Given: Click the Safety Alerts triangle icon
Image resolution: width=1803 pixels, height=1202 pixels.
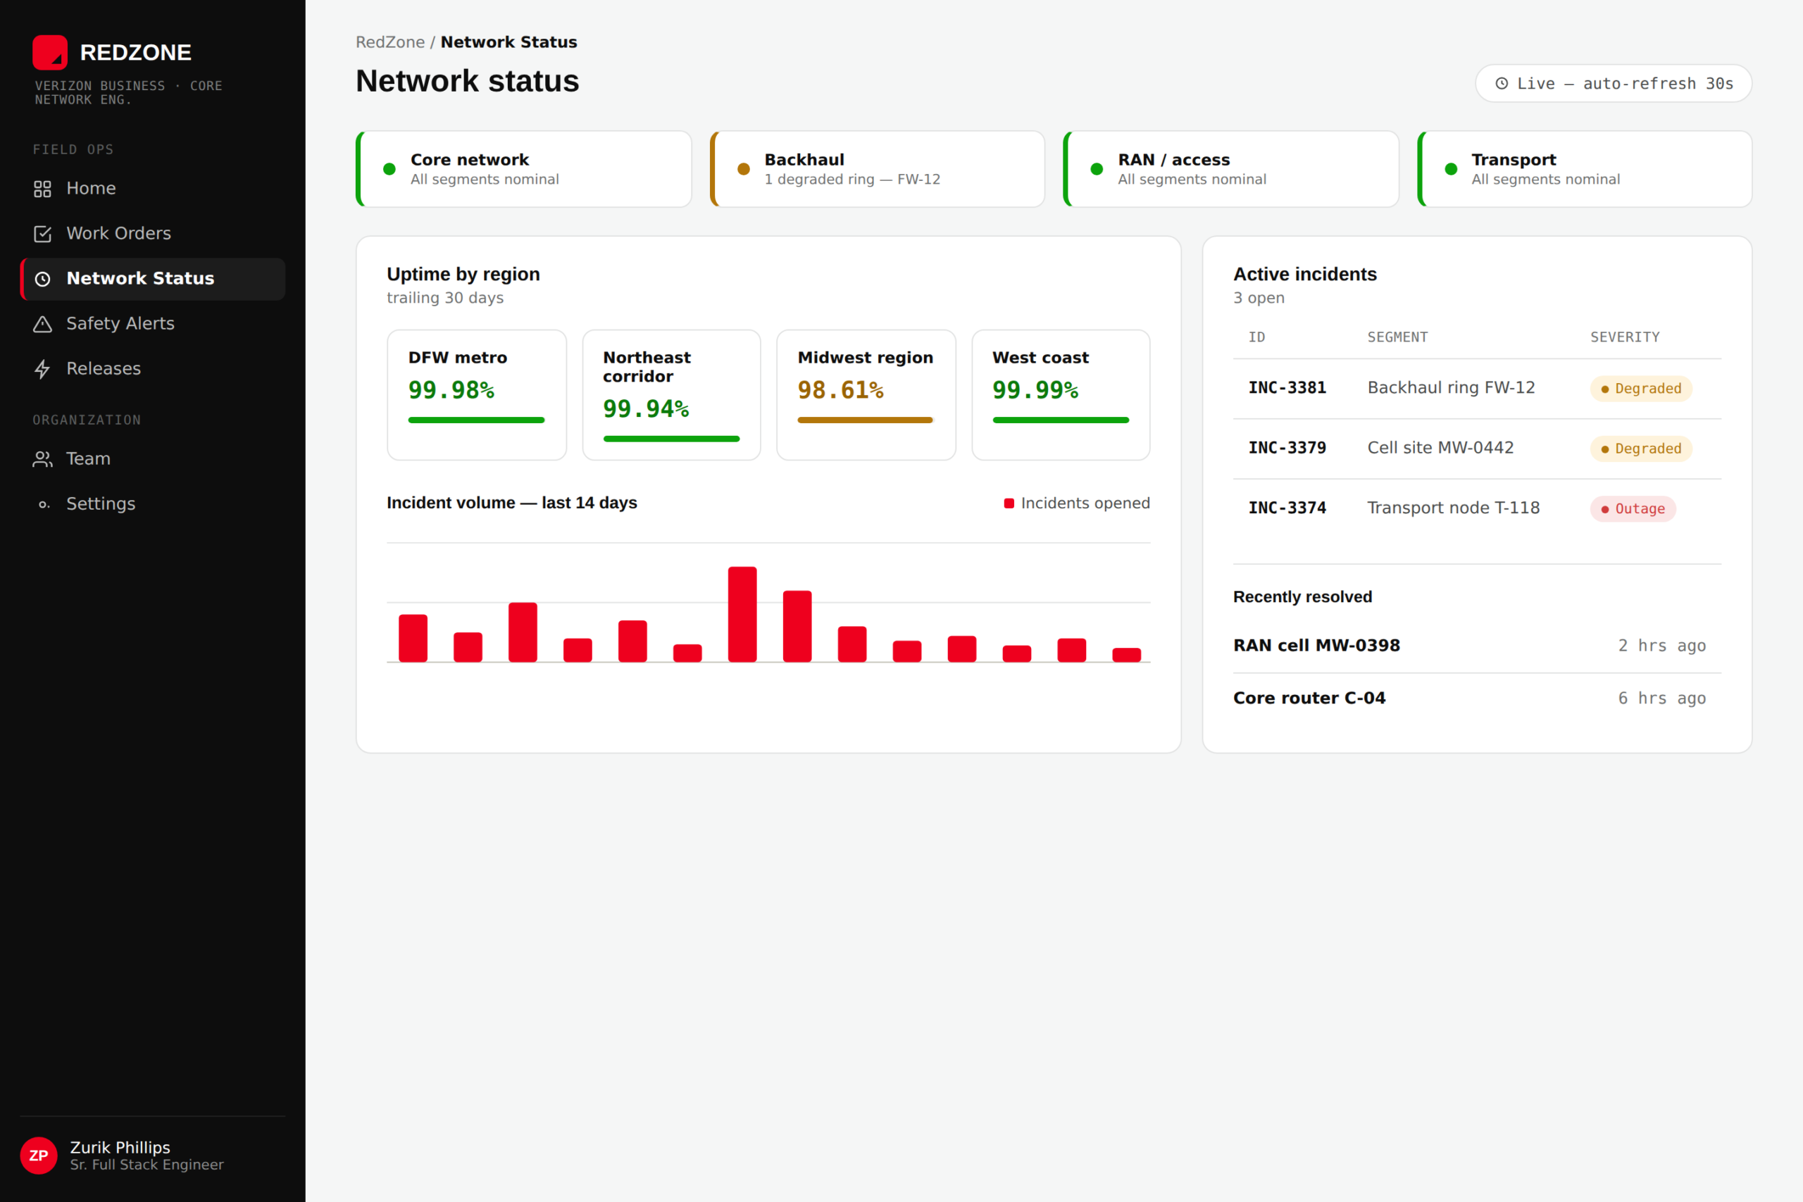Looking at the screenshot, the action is pyautogui.click(x=43, y=324).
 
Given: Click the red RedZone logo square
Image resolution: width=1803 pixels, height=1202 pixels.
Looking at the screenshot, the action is pyautogui.click(x=50, y=52).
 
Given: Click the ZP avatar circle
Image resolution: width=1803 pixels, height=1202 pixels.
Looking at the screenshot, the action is pyautogui.click(x=38, y=1156).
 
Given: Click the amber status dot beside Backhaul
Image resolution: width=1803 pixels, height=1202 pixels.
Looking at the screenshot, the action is pyautogui.click(x=744, y=169).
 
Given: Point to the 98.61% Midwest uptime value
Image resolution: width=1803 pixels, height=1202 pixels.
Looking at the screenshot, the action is pyautogui.click(x=840, y=390).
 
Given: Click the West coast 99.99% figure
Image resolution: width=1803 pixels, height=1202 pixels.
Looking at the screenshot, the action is pyautogui.click(x=1035, y=390).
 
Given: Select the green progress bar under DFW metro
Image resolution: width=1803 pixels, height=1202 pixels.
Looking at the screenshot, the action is pyautogui.click(x=476, y=420).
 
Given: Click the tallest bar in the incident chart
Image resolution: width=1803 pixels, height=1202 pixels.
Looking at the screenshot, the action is pyautogui.click(x=742, y=614).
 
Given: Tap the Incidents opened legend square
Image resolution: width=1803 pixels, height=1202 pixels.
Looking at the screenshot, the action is pyautogui.click(x=1009, y=503).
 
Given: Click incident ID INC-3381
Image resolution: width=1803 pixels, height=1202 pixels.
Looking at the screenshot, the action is pyautogui.click(x=1287, y=388).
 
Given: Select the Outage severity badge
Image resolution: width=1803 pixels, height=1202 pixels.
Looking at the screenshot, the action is pyautogui.click(x=1633, y=509).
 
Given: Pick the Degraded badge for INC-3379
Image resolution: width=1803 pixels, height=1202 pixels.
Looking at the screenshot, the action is pyautogui.click(x=1641, y=449).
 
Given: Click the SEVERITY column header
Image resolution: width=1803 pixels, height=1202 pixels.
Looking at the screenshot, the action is pyautogui.click(x=1625, y=337).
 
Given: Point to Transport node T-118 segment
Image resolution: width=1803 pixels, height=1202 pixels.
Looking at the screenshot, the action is pyautogui.click(x=1454, y=508).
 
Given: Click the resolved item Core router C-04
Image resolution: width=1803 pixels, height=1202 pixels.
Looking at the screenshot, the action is pyautogui.click(x=1309, y=699).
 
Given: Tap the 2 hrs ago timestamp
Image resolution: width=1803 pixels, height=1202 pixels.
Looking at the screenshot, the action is pyautogui.click(x=1662, y=646).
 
